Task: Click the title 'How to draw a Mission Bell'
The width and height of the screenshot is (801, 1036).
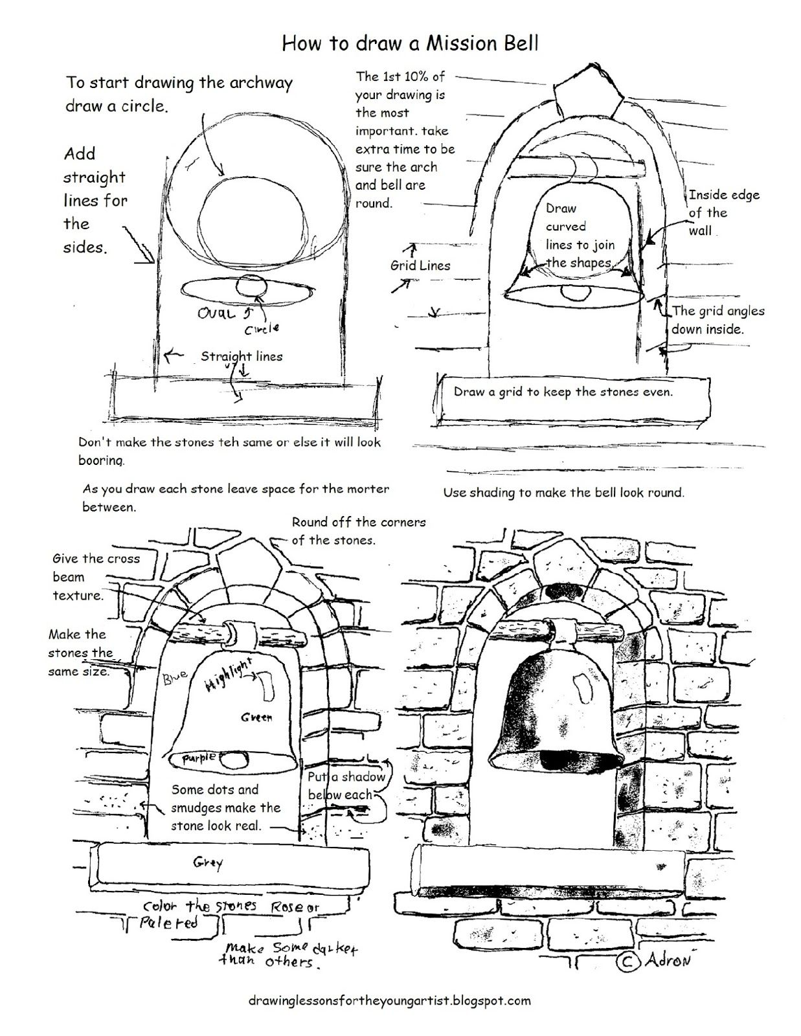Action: click(x=410, y=43)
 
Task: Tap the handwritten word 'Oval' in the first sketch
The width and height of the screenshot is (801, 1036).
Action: click(x=218, y=314)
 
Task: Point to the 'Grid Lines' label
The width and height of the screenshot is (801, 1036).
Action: click(x=420, y=265)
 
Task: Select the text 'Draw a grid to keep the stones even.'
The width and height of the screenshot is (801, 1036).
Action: click(x=563, y=392)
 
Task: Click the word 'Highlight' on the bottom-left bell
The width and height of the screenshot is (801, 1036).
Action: click(x=228, y=675)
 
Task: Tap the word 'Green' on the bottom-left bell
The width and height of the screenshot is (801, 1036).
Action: click(x=256, y=717)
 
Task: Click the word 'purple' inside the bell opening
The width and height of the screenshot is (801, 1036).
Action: click(x=198, y=758)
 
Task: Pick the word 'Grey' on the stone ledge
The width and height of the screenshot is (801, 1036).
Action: click(x=208, y=862)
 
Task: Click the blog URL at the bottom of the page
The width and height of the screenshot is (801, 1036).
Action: click(x=389, y=1000)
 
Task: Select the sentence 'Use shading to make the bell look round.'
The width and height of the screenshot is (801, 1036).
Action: click(x=563, y=492)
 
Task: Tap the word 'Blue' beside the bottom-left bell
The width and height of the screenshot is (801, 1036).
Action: click(x=174, y=677)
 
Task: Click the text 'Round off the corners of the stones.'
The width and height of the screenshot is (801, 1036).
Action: click(x=359, y=530)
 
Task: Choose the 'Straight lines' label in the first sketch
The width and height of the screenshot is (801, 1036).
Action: click(x=241, y=356)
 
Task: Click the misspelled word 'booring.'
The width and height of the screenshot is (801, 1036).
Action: click(x=100, y=460)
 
